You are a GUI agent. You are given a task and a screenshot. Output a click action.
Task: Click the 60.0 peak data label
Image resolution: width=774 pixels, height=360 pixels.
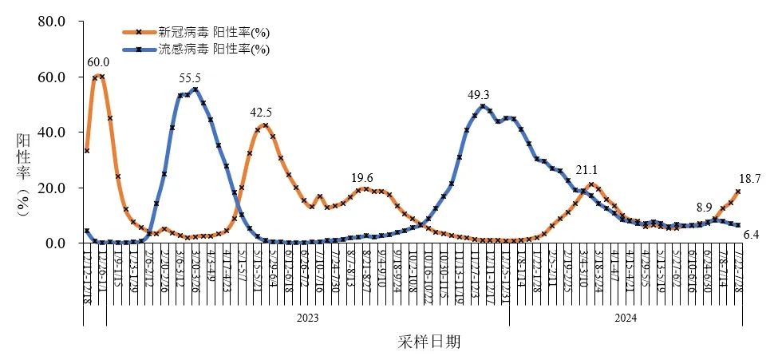tap(98, 62)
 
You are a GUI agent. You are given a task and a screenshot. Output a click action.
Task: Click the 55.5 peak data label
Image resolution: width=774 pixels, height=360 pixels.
tap(190, 77)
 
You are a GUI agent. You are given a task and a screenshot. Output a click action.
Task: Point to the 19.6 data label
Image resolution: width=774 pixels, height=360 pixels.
tap(362, 177)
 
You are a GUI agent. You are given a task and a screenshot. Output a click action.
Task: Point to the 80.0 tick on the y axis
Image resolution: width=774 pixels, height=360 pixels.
tap(51, 22)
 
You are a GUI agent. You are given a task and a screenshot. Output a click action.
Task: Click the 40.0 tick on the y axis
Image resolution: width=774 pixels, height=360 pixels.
tap(51, 133)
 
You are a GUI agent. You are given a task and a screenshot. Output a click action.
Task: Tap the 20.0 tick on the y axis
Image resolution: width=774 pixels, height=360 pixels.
tap(51, 188)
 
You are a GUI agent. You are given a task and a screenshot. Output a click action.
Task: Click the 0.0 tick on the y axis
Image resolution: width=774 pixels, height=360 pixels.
tap(54, 243)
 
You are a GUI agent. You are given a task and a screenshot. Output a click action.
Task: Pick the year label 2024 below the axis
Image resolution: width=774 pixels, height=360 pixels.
tap(626, 317)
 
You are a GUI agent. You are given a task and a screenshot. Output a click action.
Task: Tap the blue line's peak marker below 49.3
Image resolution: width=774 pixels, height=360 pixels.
tap(483, 106)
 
